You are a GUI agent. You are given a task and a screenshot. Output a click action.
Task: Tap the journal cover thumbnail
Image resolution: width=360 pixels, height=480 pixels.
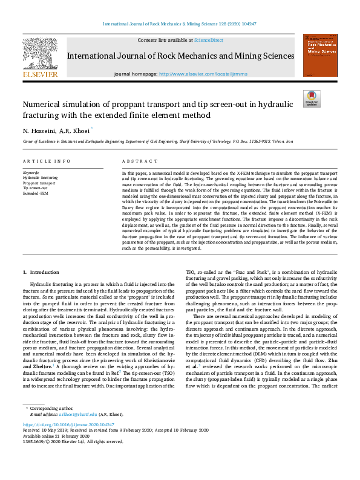pyautogui.click(x=321, y=55)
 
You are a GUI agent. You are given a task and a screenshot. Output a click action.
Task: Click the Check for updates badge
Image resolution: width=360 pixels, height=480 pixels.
pyautogui.click(x=311, y=99)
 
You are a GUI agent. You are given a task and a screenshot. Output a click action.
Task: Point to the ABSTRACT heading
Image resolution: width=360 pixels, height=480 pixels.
pyautogui.click(x=136, y=161)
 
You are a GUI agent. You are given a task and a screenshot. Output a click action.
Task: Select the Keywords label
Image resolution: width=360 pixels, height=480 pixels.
pyautogui.click(x=31, y=172)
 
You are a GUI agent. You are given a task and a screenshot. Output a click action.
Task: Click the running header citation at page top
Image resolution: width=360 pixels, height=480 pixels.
pyautogui.click(x=180, y=25)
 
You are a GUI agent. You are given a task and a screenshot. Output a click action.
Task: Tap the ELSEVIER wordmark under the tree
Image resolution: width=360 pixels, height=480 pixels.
pyautogui.click(x=41, y=74)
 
